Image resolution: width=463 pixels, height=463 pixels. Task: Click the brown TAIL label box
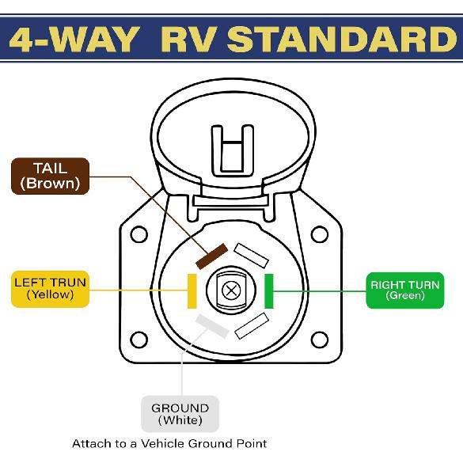[50, 176]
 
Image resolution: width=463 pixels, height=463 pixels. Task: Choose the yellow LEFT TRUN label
[50, 288]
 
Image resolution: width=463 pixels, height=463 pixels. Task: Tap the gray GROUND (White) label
[180, 414]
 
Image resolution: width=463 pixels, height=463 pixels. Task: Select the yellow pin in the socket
[191, 290]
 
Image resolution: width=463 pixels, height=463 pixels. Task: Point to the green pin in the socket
[268, 290]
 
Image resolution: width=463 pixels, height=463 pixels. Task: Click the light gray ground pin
[213, 324]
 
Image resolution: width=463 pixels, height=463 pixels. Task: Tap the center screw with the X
[231, 290]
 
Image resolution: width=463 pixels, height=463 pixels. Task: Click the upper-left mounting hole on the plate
[139, 234]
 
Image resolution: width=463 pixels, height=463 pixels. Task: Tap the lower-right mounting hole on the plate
[320, 340]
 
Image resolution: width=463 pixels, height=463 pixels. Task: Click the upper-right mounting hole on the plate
[320, 234]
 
